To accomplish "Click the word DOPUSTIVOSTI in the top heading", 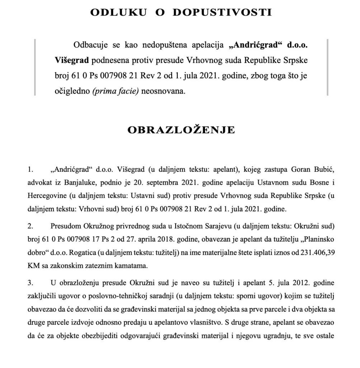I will point(223,13).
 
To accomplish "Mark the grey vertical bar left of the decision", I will point(35,68).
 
